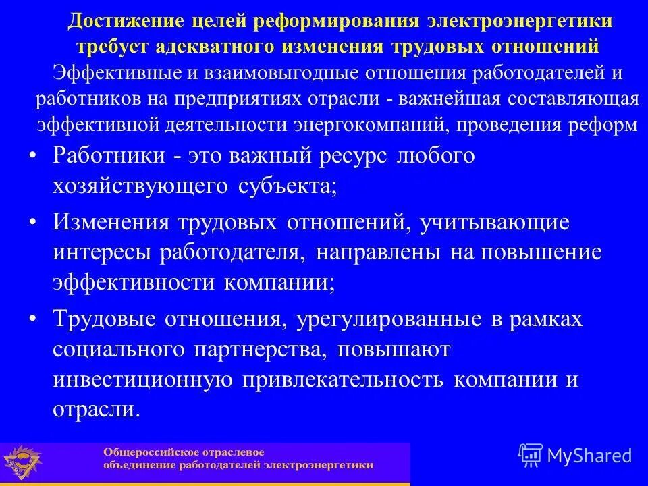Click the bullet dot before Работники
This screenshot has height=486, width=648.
coord(34,156)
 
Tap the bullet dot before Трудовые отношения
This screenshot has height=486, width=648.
coord(34,318)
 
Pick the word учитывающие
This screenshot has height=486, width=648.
coord(493,221)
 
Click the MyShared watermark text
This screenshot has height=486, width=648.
coord(589,456)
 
